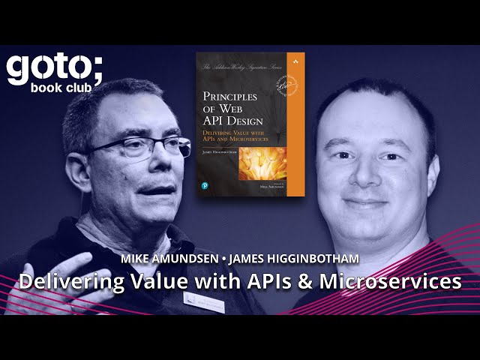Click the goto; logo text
click(55, 67)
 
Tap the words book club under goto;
click(66, 87)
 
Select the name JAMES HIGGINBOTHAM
click(295, 259)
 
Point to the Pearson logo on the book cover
click(205, 184)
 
